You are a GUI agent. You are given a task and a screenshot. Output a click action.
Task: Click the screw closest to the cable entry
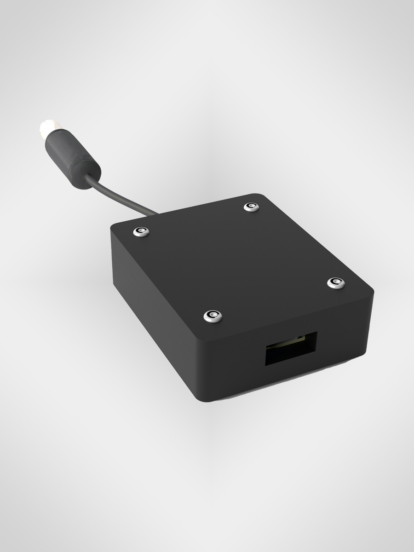pyautogui.click(x=141, y=232)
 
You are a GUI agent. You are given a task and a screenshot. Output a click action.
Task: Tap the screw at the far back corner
pyautogui.click(x=252, y=207)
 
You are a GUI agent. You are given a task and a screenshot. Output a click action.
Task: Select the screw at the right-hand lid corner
pyautogui.click(x=336, y=282)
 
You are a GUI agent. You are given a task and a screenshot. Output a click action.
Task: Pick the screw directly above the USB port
pyautogui.click(x=213, y=316)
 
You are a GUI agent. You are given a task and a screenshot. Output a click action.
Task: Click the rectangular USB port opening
pyautogui.click(x=291, y=349)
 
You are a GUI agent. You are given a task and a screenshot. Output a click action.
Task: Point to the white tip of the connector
pyautogui.click(x=47, y=126)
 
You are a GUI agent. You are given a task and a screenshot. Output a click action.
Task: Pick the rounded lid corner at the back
pyautogui.click(x=262, y=196)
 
